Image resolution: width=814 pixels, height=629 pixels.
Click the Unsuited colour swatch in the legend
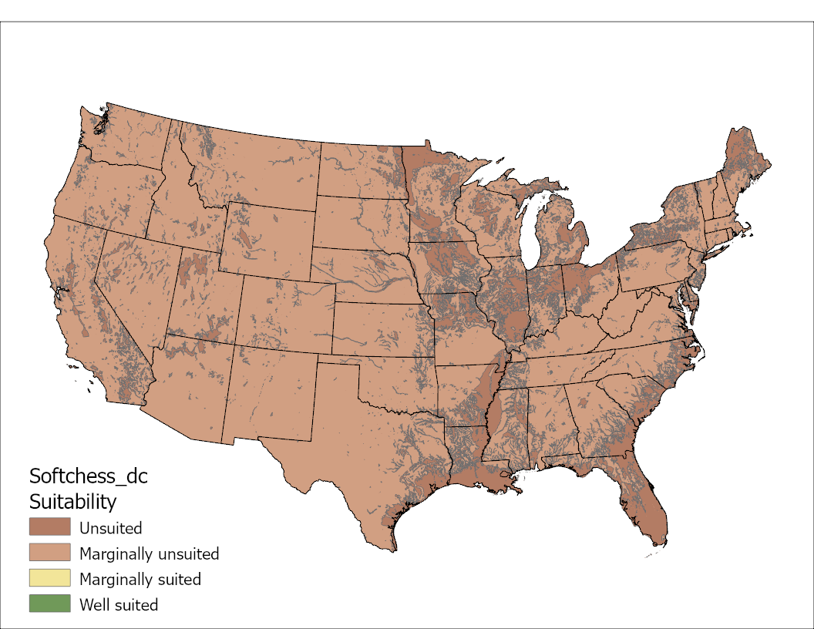pyautogui.click(x=49, y=528)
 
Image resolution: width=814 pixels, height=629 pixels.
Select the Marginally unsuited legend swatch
pyautogui.click(x=49, y=553)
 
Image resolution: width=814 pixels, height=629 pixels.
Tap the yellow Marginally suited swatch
pyautogui.click(x=49, y=578)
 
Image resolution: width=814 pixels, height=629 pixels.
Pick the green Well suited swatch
pyautogui.click(x=49, y=604)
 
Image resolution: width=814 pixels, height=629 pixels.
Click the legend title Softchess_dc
pyautogui.click(x=88, y=476)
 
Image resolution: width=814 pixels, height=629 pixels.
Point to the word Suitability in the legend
pyautogui.click(x=72, y=502)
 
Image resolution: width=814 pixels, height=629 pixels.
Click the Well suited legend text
pyautogui.click(x=119, y=604)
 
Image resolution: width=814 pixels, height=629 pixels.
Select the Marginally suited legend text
pyautogui.click(x=140, y=579)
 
